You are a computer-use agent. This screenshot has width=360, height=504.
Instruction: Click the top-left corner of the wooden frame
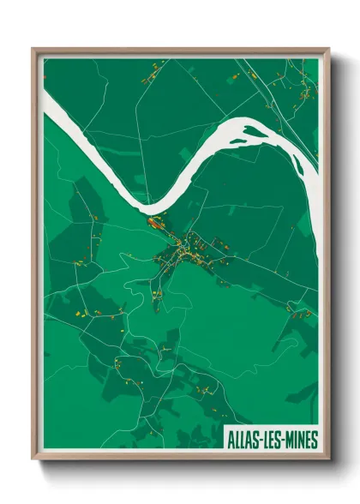[33, 49]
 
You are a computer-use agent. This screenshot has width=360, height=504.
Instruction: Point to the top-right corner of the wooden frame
[329, 49]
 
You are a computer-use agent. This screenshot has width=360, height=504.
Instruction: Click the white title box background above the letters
[270, 429]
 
